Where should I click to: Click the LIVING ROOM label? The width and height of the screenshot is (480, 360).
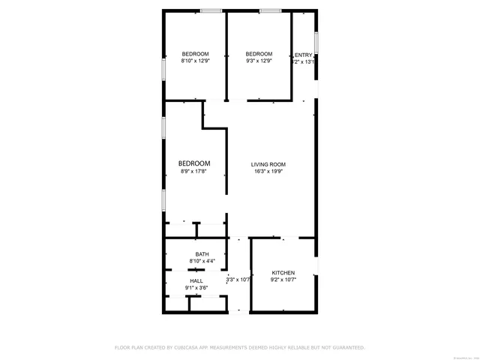click(x=268, y=164)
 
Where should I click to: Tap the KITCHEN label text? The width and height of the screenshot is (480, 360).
click(x=283, y=272)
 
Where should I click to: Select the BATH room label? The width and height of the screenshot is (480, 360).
click(x=202, y=254)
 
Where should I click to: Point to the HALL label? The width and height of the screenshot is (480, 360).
click(x=196, y=280)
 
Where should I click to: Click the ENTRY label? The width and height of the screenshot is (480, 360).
click(x=304, y=55)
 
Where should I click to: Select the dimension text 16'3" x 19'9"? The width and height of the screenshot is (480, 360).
click(x=268, y=172)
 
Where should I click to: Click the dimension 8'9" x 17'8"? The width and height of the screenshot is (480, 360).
click(x=193, y=172)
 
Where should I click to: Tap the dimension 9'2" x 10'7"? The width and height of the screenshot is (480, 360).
click(x=283, y=280)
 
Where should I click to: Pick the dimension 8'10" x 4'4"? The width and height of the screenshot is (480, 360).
click(x=202, y=261)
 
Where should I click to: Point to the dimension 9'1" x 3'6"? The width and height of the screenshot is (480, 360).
click(x=196, y=287)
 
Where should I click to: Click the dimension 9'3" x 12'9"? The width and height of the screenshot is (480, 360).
click(x=259, y=61)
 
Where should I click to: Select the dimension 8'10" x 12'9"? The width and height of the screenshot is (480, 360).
click(x=195, y=61)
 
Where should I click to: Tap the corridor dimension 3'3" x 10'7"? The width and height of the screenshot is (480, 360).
click(x=238, y=280)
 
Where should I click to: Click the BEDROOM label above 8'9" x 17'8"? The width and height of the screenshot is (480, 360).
click(x=193, y=163)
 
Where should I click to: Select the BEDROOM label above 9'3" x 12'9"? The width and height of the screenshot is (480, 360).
click(x=259, y=54)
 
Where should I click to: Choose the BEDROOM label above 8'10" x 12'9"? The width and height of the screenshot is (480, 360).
click(x=195, y=54)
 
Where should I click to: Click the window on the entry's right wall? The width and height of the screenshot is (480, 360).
click(x=316, y=42)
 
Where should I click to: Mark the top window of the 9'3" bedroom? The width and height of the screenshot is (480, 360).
click(x=270, y=10)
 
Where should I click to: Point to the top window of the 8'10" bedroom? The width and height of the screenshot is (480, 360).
click(x=211, y=10)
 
